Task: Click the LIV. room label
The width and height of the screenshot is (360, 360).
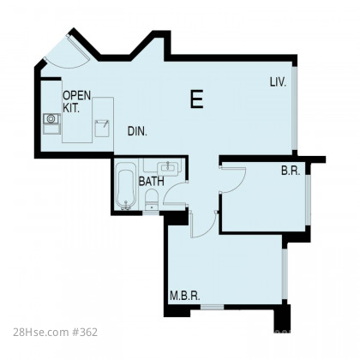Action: [278, 82]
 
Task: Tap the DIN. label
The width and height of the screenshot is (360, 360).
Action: [137, 131]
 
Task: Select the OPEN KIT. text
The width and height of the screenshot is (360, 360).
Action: [77, 102]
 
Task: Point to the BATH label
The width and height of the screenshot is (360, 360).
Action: [152, 182]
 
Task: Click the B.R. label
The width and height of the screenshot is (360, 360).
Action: [291, 171]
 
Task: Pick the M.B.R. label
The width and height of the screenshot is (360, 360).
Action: [185, 296]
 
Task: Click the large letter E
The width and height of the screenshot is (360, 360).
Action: [197, 99]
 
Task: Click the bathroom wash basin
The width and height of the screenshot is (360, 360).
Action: [168, 168]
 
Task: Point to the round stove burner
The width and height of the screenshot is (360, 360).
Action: [51, 118]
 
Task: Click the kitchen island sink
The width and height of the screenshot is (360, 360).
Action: [102, 129]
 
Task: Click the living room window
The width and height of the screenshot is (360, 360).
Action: [295, 108]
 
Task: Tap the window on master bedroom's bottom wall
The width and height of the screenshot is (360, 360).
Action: [212, 307]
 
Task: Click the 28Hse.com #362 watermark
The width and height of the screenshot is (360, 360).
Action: [55, 333]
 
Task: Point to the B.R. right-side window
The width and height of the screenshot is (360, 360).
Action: [308, 200]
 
